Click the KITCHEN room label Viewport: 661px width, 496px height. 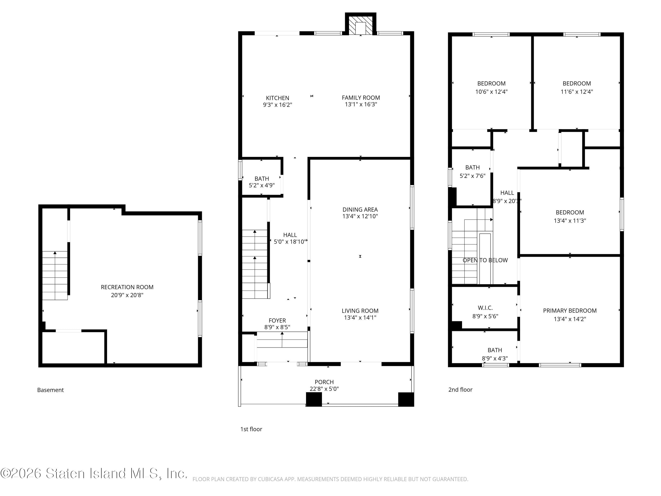click(277, 98)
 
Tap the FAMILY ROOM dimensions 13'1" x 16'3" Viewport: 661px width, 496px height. click(361, 104)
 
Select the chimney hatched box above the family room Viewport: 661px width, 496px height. click(361, 25)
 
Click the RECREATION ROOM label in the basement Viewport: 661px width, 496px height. click(127, 287)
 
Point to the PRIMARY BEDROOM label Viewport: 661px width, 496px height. click(570, 311)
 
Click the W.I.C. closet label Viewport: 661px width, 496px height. click(485, 308)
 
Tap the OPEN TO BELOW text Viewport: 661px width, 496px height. click(485, 260)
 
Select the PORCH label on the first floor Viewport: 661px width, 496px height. click(324, 382)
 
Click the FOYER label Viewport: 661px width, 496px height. click(277, 321)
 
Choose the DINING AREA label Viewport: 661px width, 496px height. click(360, 210)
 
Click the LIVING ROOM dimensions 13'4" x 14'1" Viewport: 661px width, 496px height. click(360, 317)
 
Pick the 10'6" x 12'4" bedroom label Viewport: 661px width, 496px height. click(491, 88)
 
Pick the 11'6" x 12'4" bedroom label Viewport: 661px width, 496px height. click(576, 88)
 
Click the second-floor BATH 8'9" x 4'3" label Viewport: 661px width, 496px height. click(495, 354)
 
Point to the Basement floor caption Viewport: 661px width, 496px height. click(50, 390)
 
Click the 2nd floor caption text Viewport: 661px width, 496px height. click(460, 390)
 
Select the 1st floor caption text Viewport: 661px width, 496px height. click(251, 429)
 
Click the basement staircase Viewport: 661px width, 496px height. click(55, 275)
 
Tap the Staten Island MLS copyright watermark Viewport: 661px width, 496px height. click(94, 473)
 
